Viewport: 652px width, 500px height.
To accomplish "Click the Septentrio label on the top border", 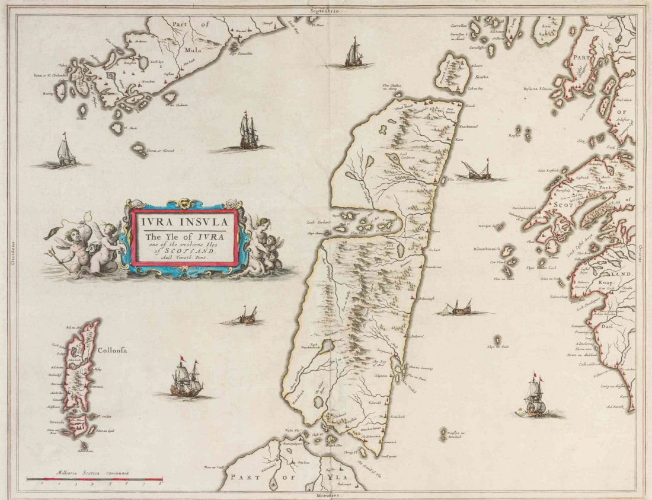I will (326, 11).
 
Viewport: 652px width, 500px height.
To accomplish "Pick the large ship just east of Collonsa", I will (186, 380).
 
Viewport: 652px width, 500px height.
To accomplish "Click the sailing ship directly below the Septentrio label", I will (354, 53).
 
